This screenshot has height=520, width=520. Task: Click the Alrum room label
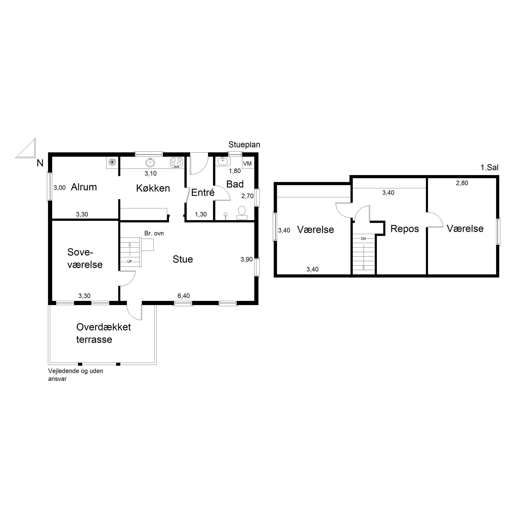(84, 187)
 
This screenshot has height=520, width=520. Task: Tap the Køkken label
(153, 188)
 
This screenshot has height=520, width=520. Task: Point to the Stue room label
(183, 259)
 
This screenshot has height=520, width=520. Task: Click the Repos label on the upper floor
(405, 229)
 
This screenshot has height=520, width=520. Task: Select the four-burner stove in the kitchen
(177, 163)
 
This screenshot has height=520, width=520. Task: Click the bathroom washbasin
(223, 161)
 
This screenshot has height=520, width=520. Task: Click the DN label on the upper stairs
(363, 239)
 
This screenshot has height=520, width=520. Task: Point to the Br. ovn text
(154, 233)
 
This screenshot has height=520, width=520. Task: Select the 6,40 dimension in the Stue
(184, 296)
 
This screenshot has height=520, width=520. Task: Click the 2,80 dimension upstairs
(462, 183)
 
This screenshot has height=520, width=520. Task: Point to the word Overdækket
(104, 327)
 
